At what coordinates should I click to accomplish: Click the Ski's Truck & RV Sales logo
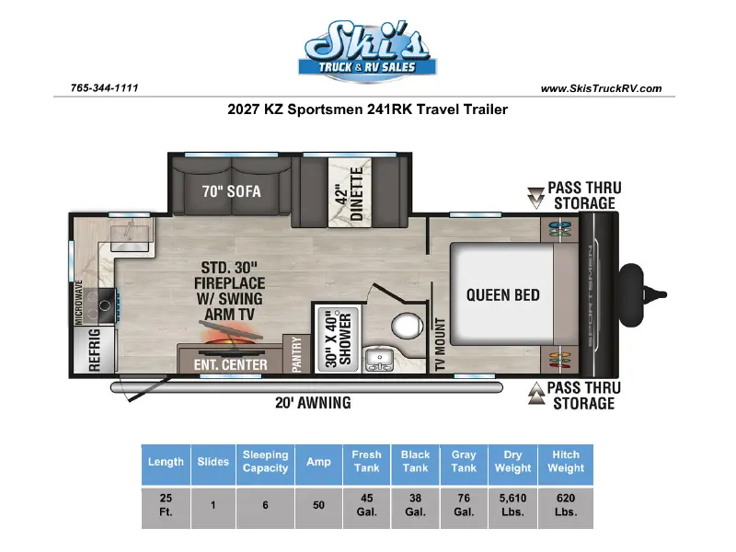click(x=367, y=51)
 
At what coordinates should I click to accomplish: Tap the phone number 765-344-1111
click(x=104, y=87)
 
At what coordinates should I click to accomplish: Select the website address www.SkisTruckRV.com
click(x=601, y=88)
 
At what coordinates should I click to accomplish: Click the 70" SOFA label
click(x=232, y=191)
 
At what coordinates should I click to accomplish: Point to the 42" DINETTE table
click(x=350, y=193)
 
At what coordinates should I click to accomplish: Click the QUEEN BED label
click(x=502, y=295)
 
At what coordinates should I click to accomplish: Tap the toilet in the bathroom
click(x=407, y=326)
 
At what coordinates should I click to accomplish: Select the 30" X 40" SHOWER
click(x=338, y=339)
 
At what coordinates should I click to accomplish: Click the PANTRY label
click(x=296, y=354)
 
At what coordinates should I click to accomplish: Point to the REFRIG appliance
click(x=95, y=350)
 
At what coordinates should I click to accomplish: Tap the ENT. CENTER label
click(x=231, y=364)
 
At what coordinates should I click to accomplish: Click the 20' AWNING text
click(x=313, y=403)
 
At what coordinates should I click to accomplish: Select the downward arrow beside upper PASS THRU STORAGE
click(x=535, y=198)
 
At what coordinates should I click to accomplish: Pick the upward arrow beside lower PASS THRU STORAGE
click(x=535, y=394)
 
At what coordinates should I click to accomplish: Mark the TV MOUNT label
click(x=440, y=344)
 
